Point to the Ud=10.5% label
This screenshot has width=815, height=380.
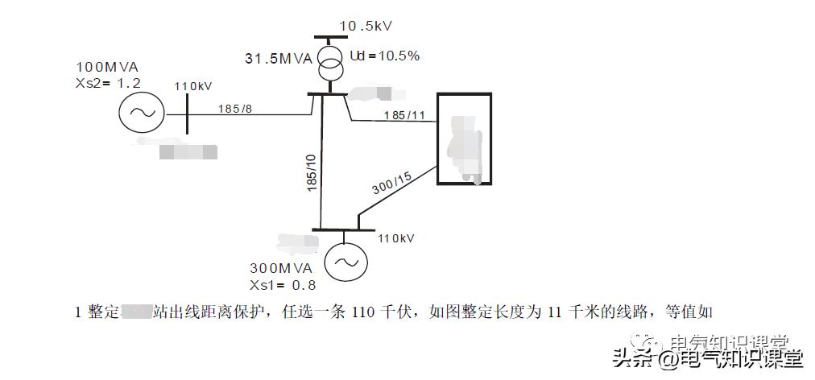(x=384, y=56)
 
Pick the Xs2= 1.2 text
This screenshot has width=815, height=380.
(x=107, y=82)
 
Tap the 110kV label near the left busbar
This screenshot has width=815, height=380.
(x=193, y=86)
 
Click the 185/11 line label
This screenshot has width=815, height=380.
(x=404, y=115)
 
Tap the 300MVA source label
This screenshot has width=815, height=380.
(x=281, y=268)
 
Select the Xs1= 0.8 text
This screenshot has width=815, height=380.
(x=283, y=284)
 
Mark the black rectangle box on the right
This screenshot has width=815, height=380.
(x=463, y=138)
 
